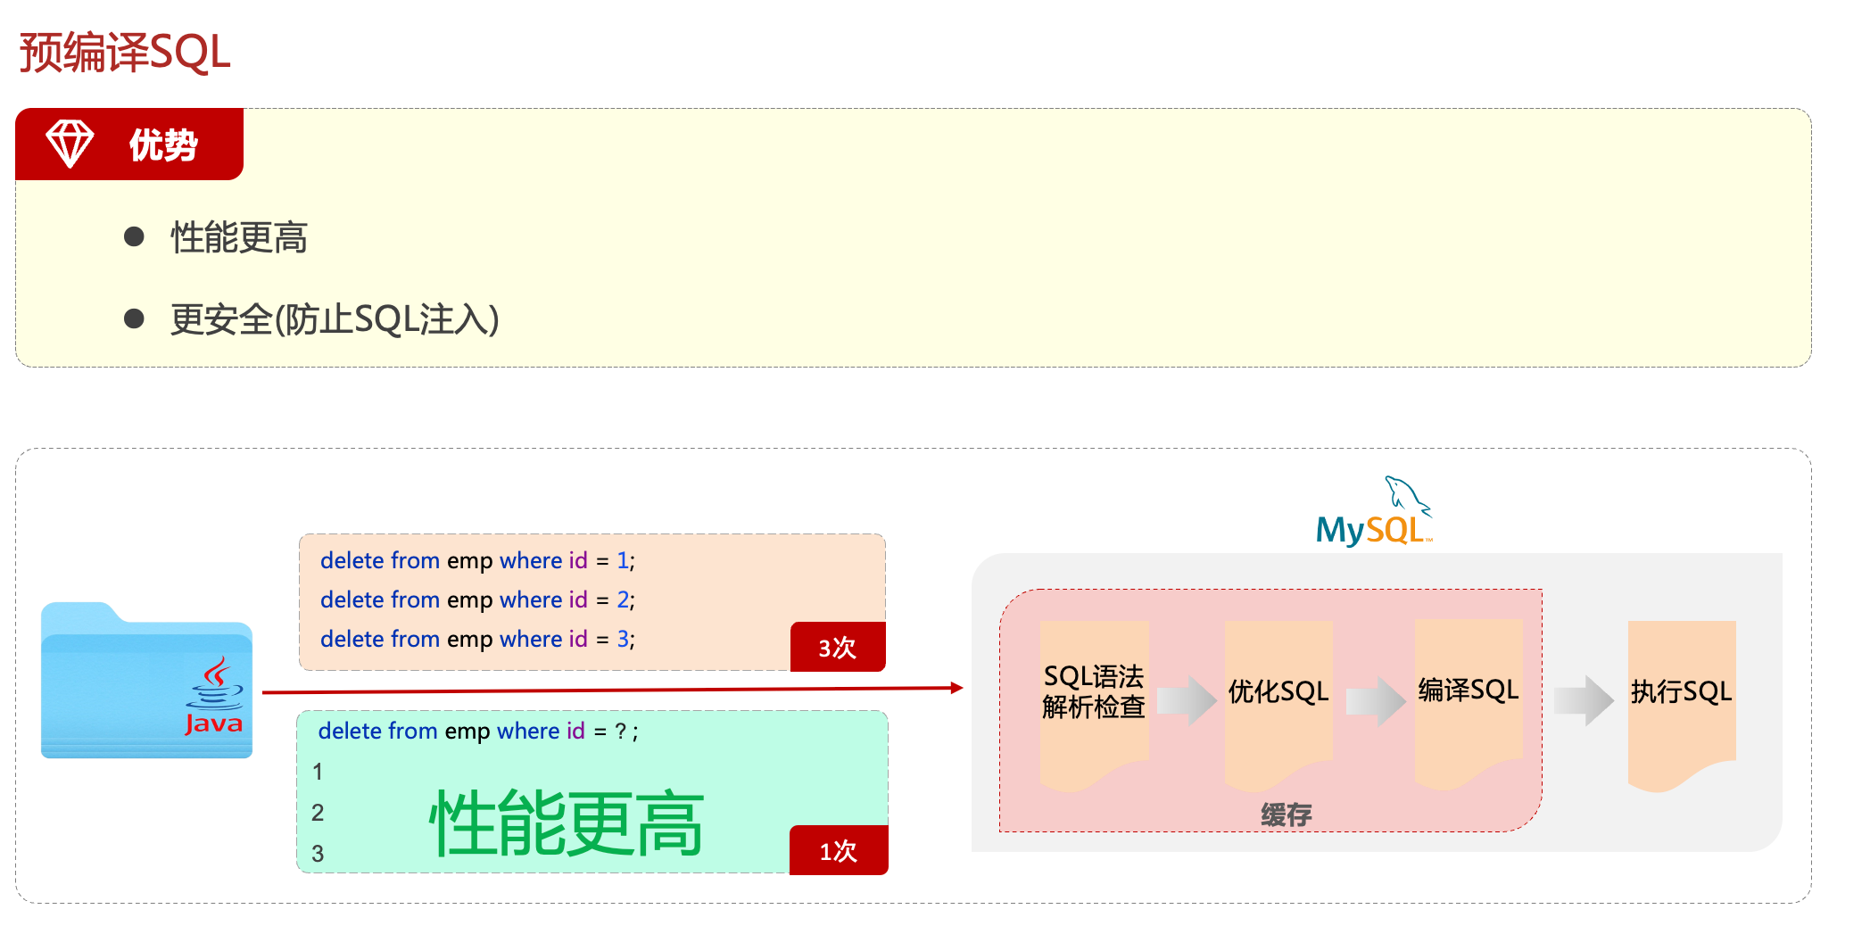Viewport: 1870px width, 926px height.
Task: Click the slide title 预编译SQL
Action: click(x=125, y=53)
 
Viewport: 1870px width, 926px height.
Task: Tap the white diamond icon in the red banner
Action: click(x=70, y=144)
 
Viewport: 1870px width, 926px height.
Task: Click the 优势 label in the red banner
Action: click(x=163, y=145)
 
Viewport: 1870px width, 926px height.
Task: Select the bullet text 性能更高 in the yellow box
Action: click(x=239, y=238)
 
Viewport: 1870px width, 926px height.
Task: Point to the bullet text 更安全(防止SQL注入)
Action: click(x=335, y=319)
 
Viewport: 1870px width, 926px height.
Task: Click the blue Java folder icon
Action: click(x=146, y=682)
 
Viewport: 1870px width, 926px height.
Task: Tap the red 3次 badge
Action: click(x=837, y=647)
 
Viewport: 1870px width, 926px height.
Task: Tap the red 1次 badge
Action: click(x=838, y=850)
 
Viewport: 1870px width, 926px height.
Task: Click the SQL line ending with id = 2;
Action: click(x=477, y=599)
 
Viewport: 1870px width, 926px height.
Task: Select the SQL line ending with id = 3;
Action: click(x=477, y=639)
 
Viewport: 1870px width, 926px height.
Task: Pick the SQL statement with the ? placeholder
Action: click(x=477, y=732)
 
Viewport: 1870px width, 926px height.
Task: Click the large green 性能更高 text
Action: click(x=566, y=823)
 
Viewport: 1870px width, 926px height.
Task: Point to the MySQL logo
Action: click(x=1373, y=515)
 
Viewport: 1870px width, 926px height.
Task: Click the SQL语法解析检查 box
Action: click(x=1094, y=692)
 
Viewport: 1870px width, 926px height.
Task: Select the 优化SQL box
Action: click(x=1278, y=692)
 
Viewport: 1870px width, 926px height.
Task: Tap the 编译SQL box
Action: click(x=1468, y=690)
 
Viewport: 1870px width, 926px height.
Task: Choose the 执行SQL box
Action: click(x=1681, y=692)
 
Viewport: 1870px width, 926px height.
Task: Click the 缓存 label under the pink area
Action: click(x=1286, y=814)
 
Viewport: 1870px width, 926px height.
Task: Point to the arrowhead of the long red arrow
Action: click(x=956, y=688)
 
